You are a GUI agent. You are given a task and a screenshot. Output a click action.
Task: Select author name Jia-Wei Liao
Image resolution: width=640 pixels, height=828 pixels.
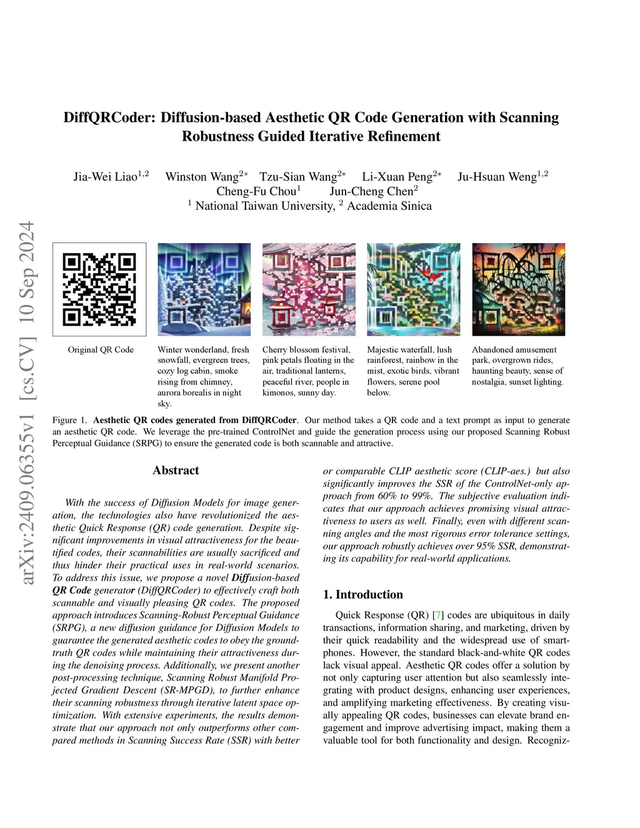(106, 177)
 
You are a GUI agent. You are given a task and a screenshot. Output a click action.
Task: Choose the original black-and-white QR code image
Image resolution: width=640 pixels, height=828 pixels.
(99, 289)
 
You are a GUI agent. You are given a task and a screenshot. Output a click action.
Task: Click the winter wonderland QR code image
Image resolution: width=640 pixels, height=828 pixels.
(204, 289)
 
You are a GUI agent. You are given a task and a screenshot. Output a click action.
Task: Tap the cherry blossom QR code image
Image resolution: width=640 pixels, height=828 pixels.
(309, 289)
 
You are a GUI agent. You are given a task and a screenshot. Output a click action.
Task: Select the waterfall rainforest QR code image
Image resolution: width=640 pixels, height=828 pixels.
(413, 289)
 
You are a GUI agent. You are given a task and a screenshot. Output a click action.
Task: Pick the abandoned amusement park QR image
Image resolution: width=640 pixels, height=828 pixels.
(518, 289)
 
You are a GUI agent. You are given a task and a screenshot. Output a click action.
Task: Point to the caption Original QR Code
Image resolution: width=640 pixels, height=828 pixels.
(101, 350)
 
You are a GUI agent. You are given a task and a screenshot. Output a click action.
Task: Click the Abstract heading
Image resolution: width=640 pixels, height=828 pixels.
(176, 471)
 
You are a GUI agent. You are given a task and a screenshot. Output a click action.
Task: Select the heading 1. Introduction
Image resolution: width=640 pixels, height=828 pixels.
(363, 594)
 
